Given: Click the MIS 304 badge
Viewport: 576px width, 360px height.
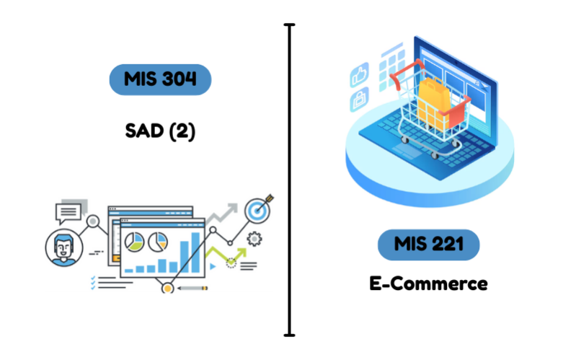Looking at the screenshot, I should (x=160, y=79).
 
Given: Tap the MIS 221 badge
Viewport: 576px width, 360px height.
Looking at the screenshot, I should (x=428, y=245).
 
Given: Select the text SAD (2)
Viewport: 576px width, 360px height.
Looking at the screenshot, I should (x=159, y=132).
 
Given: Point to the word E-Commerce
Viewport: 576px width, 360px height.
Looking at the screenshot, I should (x=428, y=284).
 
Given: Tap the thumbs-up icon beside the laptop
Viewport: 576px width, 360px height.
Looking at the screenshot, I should (x=360, y=75).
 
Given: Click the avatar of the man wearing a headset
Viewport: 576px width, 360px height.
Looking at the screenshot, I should (x=64, y=247).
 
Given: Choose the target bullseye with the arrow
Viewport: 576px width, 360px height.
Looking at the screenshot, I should (x=258, y=209).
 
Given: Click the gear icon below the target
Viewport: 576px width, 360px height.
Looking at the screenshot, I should (x=254, y=239).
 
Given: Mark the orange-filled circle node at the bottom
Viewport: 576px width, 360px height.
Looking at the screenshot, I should (x=167, y=288).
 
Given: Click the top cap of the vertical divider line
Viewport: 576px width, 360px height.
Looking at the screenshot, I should (x=290, y=25).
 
